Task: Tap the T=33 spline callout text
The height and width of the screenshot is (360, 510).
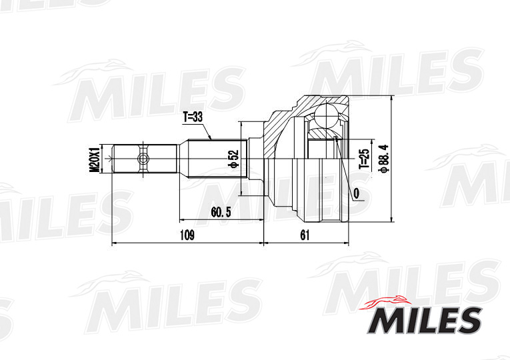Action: [193, 117]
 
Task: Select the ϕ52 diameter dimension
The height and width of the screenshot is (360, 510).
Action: [233, 159]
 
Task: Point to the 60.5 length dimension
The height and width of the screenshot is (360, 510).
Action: [220, 212]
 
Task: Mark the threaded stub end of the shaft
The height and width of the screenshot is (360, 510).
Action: [127, 159]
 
